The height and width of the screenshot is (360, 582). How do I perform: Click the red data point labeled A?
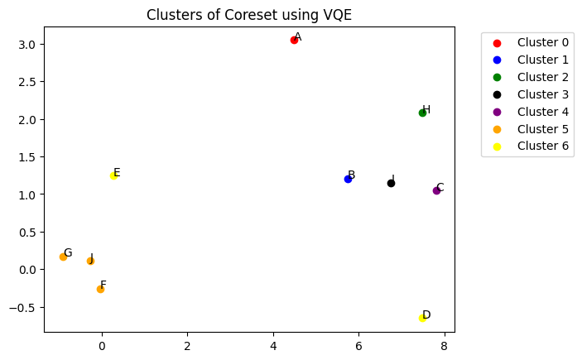point(294,40)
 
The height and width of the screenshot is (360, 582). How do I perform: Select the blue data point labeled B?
point(348,179)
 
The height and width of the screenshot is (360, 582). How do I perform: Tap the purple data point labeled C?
point(436,190)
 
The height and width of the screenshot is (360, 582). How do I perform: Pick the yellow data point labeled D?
point(422,318)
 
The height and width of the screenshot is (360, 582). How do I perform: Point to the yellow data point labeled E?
point(113,175)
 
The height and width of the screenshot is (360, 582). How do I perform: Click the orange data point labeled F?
point(100,289)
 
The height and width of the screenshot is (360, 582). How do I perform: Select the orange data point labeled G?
point(63,257)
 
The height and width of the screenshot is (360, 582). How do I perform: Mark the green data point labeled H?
point(422,113)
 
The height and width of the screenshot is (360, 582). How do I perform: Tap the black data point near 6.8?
point(391,183)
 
